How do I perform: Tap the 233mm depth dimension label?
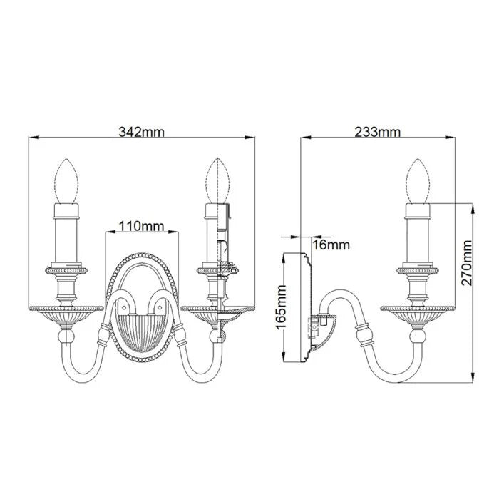pos(377,132)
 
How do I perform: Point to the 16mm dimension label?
pos(332,245)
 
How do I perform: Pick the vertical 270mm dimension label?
pos(467,262)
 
